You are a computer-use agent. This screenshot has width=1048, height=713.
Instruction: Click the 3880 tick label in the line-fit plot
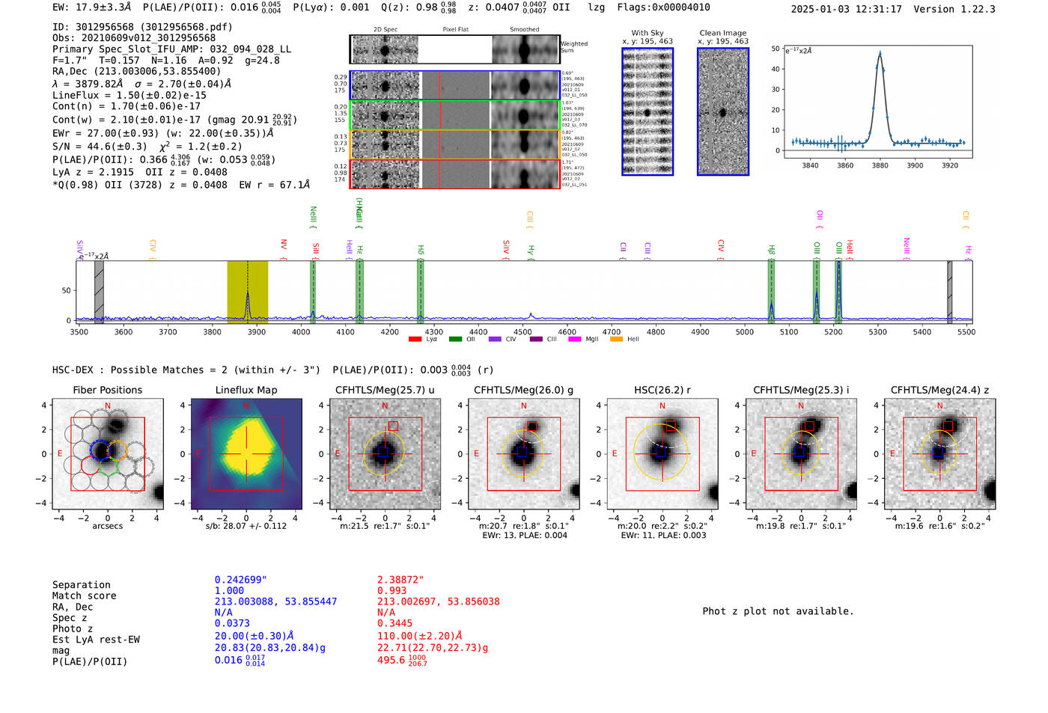point(880,165)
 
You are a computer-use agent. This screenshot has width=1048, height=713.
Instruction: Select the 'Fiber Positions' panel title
point(107,390)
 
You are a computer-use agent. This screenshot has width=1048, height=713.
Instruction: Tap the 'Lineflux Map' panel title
point(246,390)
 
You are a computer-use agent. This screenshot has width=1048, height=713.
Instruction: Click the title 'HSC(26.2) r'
point(662,390)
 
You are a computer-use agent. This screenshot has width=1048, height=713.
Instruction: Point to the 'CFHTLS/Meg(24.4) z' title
point(939,390)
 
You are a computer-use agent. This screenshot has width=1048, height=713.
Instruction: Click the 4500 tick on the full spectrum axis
point(523,331)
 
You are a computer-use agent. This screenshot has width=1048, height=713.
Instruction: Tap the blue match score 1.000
point(229,590)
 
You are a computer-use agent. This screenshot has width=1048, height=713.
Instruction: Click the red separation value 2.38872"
point(400,580)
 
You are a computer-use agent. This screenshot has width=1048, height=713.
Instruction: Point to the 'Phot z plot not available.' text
point(778,611)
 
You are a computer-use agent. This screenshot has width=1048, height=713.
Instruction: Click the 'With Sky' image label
point(648,33)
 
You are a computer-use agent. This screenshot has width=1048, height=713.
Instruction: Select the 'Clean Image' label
point(722,33)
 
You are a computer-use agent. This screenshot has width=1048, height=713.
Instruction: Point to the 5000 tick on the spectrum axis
point(744,331)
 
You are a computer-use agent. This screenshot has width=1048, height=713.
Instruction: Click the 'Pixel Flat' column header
point(455,30)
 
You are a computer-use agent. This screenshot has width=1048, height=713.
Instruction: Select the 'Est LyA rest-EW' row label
point(96,640)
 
